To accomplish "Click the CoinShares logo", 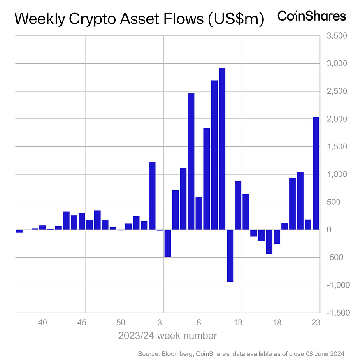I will (311, 16).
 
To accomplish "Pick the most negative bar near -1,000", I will (230, 255).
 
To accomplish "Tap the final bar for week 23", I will (316, 173).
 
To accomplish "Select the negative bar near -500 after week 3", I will (167, 243).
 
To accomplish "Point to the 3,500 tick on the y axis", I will (337, 36).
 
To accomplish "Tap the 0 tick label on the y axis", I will (329, 230).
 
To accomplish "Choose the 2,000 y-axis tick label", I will (337, 119).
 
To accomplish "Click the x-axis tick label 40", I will (43, 323).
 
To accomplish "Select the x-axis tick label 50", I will (121, 323).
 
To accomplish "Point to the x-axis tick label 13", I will (238, 323).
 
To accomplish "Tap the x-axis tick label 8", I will (199, 323).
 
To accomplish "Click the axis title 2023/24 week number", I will (167, 336).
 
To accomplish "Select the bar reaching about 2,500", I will (191, 161).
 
